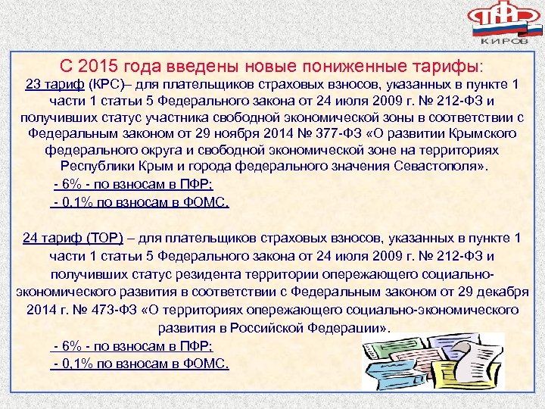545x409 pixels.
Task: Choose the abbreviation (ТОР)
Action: tap(105, 238)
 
